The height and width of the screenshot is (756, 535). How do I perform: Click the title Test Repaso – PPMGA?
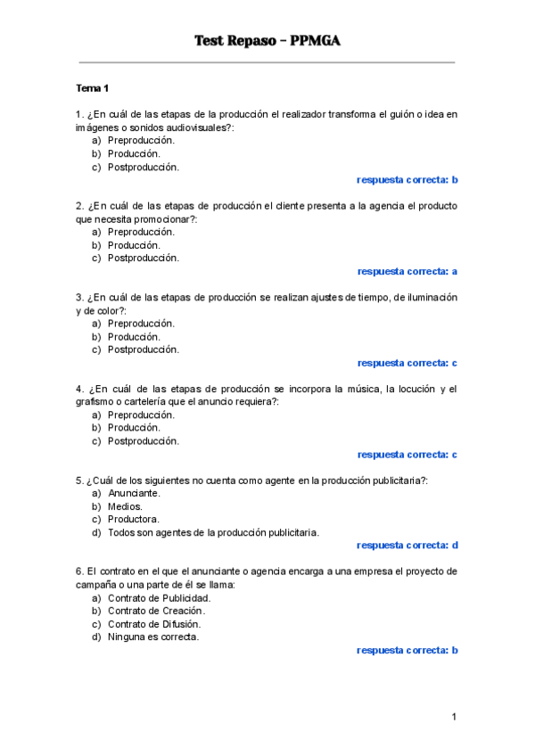click(x=267, y=41)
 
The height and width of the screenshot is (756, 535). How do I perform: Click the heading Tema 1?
click(x=92, y=88)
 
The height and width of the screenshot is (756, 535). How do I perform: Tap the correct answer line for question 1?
click(x=407, y=180)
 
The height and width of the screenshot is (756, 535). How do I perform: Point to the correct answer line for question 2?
click(x=407, y=272)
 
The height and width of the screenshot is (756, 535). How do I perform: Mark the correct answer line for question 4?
click(x=407, y=455)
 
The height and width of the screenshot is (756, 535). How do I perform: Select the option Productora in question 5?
click(x=134, y=519)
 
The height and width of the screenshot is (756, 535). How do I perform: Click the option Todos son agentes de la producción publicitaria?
click(x=212, y=532)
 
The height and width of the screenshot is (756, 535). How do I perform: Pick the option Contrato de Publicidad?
click(x=159, y=597)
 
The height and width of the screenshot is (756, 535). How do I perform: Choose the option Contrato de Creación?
click(x=156, y=611)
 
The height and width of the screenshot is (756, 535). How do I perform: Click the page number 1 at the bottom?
click(x=454, y=717)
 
